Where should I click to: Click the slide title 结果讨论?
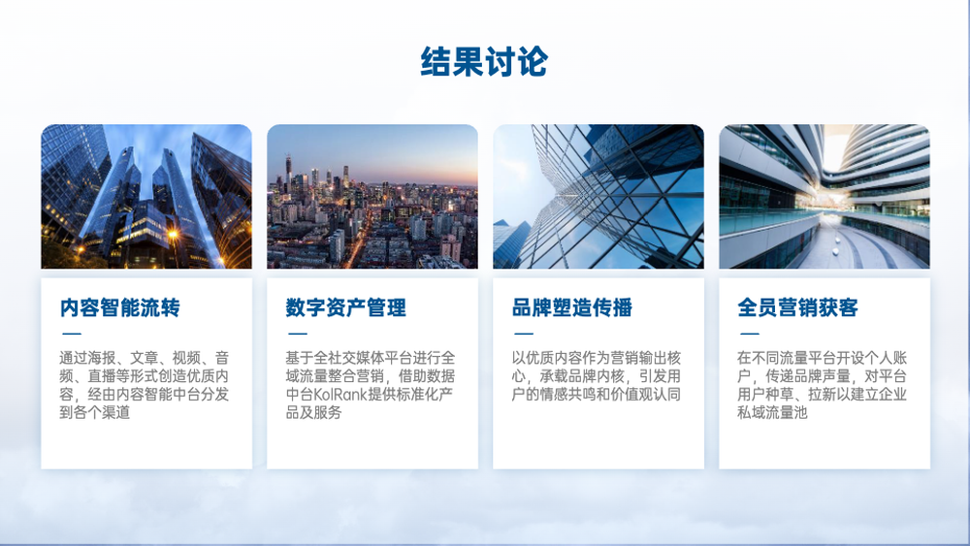click(484, 61)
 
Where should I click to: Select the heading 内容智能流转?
click(120, 307)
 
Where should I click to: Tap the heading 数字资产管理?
click(346, 307)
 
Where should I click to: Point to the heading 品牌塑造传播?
click(572, 307)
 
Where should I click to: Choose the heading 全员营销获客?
click(798, 307)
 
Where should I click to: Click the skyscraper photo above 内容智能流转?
click(146, 197)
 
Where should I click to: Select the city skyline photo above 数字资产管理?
click(372, 197)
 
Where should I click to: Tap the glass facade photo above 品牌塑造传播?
click(598, 197)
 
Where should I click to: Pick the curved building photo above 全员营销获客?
click(824, 197)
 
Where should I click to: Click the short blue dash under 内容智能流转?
click(72, 334)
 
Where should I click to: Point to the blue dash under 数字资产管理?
click(298, 334)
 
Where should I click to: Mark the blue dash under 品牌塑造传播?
click(524, 334)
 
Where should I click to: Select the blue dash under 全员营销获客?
click(750, 334)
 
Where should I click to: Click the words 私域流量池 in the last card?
click(773, 412)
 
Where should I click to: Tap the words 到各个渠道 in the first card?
click(95, 412)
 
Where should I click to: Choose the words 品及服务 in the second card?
click(313, 412)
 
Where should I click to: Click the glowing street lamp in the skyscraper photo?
click(173, 235)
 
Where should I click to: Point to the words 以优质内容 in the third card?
click(547, 358)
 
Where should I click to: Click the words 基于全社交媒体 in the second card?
click(335, 358)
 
